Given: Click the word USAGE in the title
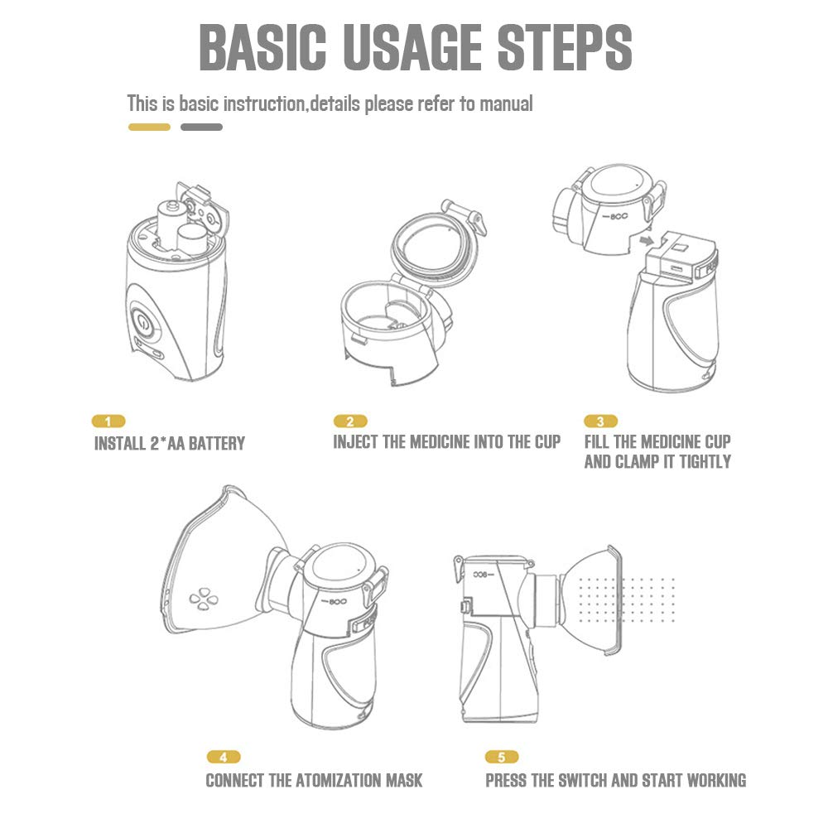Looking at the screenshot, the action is point(412,47).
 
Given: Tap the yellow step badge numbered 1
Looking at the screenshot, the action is point(108,421).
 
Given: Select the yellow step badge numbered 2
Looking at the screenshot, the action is point(350,421).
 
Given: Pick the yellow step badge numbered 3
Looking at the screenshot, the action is point(600,421).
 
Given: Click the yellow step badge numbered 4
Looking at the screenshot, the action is point(224,757).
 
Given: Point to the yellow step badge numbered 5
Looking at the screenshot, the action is point(502,757).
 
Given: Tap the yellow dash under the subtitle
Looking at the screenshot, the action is point(149,127).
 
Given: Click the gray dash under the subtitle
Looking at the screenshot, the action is point(201,127).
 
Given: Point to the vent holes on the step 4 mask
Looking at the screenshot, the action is point(204,599).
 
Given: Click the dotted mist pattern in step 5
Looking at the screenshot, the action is point(627,599).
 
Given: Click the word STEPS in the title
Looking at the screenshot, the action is point(565,47).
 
